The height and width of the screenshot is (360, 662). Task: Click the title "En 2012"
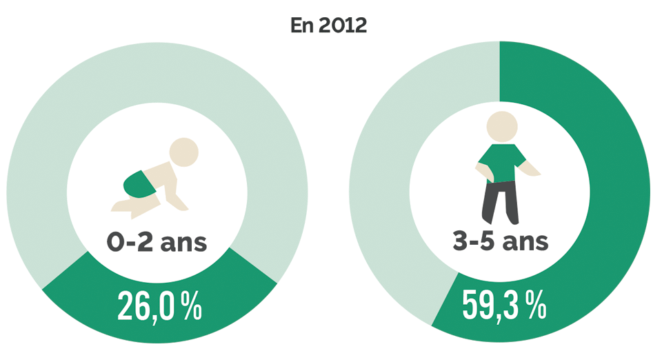click(328, 27)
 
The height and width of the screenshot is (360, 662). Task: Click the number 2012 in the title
click(342, 27)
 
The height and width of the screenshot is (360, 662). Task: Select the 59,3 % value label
click(503, 307)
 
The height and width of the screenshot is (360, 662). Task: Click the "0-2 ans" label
click(157, 241)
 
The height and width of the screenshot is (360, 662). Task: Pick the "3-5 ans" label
click(500, 241)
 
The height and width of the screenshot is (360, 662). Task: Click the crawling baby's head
click(184, 152)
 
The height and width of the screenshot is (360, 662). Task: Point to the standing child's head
click(501, 128)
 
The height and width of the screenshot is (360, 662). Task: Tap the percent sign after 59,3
click(536, 307)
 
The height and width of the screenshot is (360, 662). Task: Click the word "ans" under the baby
click(183, 242)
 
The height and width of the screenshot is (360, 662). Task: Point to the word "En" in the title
click(301, 27)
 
